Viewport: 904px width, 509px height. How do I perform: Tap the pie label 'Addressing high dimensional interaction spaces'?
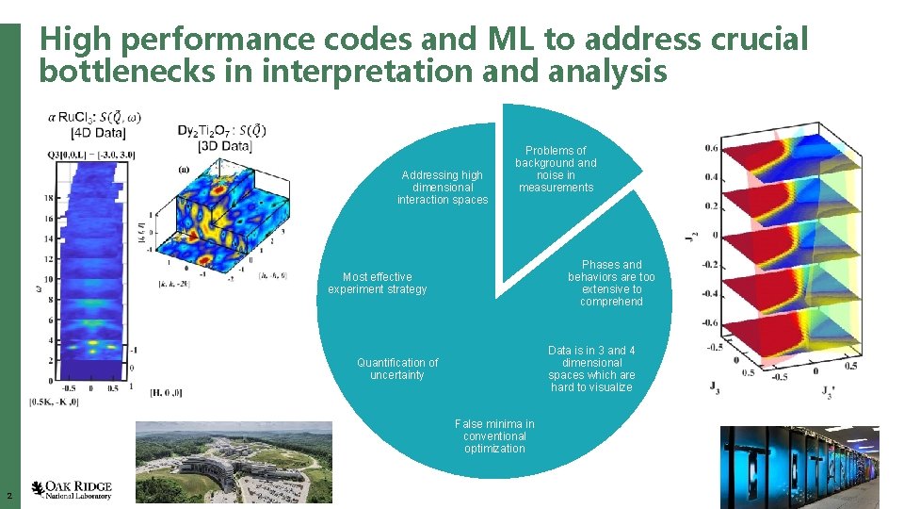tap(442, 187)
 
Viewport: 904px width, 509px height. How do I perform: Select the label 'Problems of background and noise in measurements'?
tap(556, 169)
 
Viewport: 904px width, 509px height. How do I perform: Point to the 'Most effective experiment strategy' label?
tap(377, 283)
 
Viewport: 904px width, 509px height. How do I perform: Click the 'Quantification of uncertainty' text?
tap(397, 369)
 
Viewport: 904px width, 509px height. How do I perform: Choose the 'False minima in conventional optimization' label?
tap(494, 436)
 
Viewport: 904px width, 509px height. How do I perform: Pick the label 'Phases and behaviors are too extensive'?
tap(611, 283)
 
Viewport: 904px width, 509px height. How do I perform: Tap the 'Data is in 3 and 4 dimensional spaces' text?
tap(591, 369)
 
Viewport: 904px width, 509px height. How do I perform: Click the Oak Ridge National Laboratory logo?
tap(72, 488)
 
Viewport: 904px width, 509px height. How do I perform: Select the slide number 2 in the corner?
tap(8, 496)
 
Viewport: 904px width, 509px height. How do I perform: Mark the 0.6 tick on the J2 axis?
tap(711, 148)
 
